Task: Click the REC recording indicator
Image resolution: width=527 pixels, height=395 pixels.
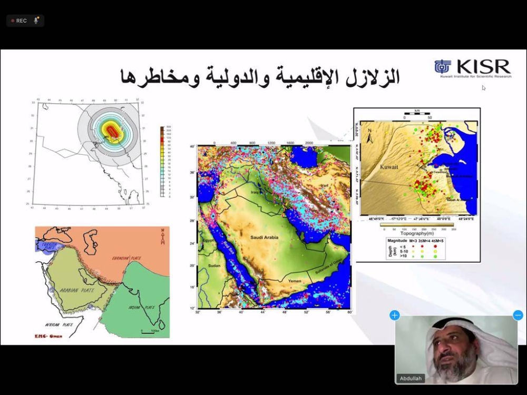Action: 19,21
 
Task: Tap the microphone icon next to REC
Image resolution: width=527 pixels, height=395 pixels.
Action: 36,21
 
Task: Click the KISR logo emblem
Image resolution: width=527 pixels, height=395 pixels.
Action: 443,67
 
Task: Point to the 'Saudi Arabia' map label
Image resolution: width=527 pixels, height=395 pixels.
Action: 264,238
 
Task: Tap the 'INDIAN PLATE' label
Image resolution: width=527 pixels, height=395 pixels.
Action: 142,307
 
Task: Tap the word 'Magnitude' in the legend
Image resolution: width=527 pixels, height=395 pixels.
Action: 398,240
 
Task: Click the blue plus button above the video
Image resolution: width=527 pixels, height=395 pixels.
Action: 395,315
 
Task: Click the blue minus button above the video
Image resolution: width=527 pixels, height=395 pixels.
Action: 518,315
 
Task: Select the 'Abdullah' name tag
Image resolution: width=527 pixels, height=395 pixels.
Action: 411,378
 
